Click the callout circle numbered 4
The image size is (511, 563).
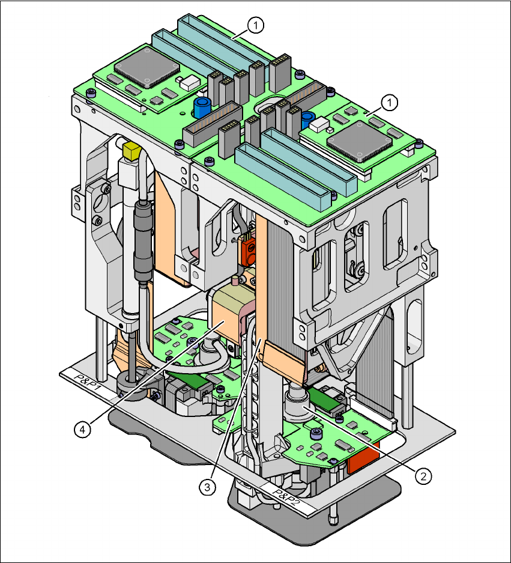tap(83, 429)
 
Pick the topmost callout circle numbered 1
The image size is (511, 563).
tap(256, 25)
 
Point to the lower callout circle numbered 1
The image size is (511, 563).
tap(390, 103)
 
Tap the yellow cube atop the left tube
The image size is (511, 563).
tap(130, 150)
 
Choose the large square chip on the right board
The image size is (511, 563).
tap(358, 141)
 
